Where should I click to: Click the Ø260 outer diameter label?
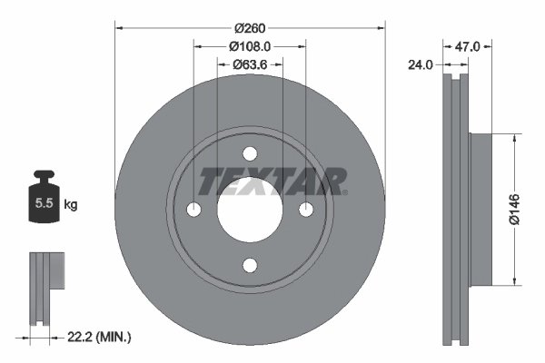(x=249, y=27)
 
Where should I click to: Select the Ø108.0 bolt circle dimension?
(x=249, y=45)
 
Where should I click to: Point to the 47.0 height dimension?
(x=466, y=43)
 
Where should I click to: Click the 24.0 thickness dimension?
(x=421, y=65)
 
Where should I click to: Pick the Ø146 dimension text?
(x=513, y=208)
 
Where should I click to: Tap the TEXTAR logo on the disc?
(x=272, y=181)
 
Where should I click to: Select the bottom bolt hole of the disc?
(x=250, y=266)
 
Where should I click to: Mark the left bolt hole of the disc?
(x=193, y=210)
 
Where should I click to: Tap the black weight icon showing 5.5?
(x=43, y=201)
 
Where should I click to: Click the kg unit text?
(x=70, y=205)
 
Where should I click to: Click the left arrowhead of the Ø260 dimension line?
(x=119, y=27)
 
